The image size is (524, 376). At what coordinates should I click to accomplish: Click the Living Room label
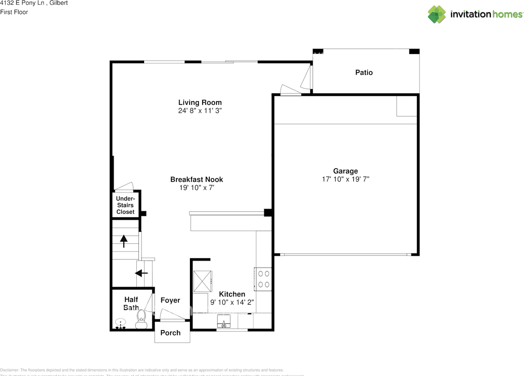(x=200, y=102)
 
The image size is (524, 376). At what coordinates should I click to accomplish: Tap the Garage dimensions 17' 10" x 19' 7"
(x=346, y=179)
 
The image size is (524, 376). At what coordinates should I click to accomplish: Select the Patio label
(x=364, y=72)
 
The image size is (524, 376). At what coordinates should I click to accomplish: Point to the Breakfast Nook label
(x=196, y=179)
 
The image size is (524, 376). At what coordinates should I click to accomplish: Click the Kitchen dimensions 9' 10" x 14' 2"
(x=232, y=302)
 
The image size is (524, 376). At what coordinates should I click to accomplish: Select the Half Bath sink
(x=120, y=323)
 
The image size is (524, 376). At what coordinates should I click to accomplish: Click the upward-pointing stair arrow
(x=124, y=241)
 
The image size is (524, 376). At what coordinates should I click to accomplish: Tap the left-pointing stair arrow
(x=141, y=273)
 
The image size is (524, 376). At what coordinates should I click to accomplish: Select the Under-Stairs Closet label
(x=125, y=205)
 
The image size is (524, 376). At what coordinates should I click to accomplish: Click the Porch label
(x=170, y=333)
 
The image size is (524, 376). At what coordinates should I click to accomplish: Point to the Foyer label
(x=170, y=300)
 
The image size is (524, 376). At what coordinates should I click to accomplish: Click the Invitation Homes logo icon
(x=437, y=14)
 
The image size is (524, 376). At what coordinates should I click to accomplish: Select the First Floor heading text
(x=14, y=12)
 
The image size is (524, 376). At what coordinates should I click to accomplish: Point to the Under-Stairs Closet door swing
(x=124, y=186)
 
